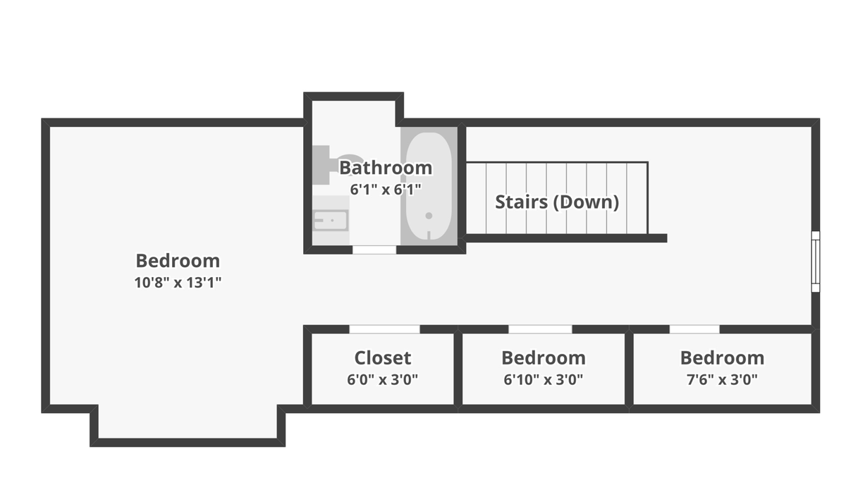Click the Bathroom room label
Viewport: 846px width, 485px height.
coord(386,168)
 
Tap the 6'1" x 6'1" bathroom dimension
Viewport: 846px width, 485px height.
coord(386,189)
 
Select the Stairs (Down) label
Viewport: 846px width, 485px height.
coord(557,202)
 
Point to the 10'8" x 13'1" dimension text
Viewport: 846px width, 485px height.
coord(178,282)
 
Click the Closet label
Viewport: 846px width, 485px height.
coord(383,357)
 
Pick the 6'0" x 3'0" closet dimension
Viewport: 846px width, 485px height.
coord(383,379)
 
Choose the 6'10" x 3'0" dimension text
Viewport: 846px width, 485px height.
coord(544,379)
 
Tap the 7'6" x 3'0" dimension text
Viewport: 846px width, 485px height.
coord(722,379)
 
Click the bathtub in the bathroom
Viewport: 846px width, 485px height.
coord(429,186)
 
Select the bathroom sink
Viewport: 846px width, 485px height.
coord(331,221)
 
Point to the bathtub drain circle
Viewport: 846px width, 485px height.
coord(429,216)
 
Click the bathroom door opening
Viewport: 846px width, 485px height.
coord(374,250)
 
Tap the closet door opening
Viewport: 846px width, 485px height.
coord(384,329)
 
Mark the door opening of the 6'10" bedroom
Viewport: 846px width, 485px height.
coord(540,329)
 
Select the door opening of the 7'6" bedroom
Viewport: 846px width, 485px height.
coord(694,329)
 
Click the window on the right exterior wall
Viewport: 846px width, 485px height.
coord(816,262)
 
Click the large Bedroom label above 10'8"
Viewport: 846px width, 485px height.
coord(178,261)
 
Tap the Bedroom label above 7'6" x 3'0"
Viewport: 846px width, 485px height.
coord(722,357)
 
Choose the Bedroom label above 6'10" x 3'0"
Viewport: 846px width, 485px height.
coord(544,357)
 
